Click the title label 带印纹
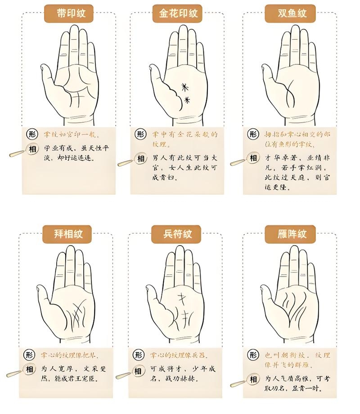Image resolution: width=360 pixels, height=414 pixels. [x=68, y=13]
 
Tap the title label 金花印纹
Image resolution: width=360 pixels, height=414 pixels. [x=179, y=13]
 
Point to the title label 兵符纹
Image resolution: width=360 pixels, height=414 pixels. [x=178, y=234]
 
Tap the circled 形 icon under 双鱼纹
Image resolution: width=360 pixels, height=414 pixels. [x=253, y=134]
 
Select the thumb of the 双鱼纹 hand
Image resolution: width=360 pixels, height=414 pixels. [x=268, y=74]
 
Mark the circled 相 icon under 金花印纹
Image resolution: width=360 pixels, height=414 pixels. [x=141, y=158]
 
